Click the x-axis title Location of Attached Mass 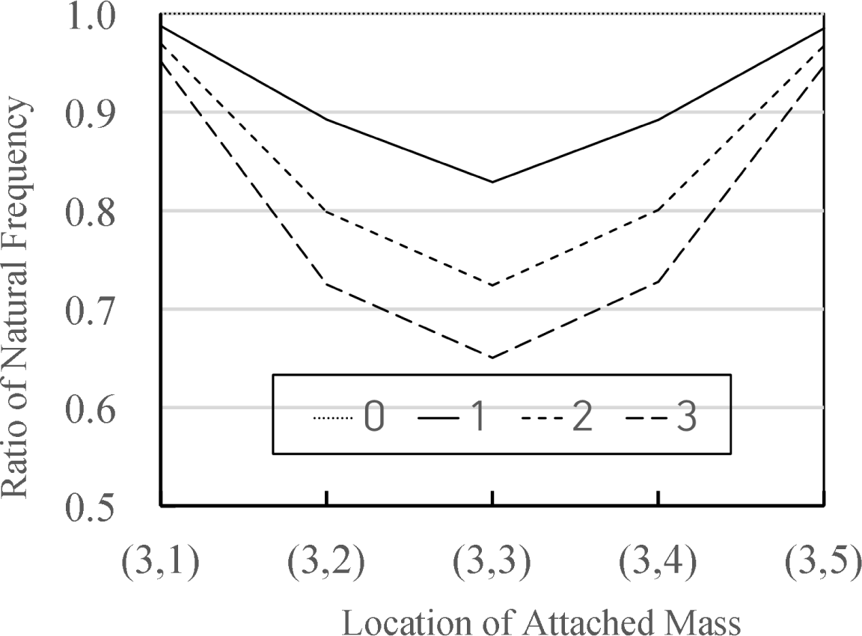coord(542,622)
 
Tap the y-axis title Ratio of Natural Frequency coord(19,299)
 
